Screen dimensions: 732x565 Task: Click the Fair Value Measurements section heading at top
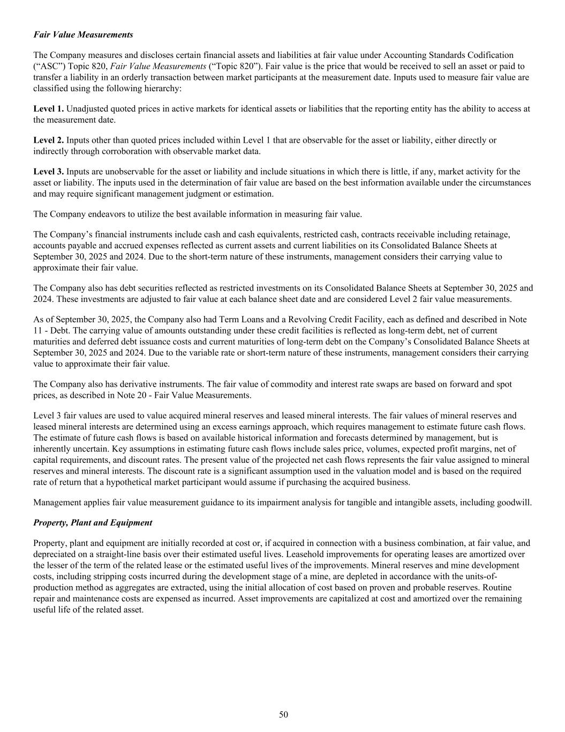pos(83,34)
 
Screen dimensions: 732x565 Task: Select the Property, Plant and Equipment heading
pos(93,522)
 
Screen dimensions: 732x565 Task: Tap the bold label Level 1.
pos(48,108)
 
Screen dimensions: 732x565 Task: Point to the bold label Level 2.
pos(48,140)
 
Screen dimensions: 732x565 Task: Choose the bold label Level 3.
pos(48,172)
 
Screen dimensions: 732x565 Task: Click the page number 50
pos(283,714)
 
